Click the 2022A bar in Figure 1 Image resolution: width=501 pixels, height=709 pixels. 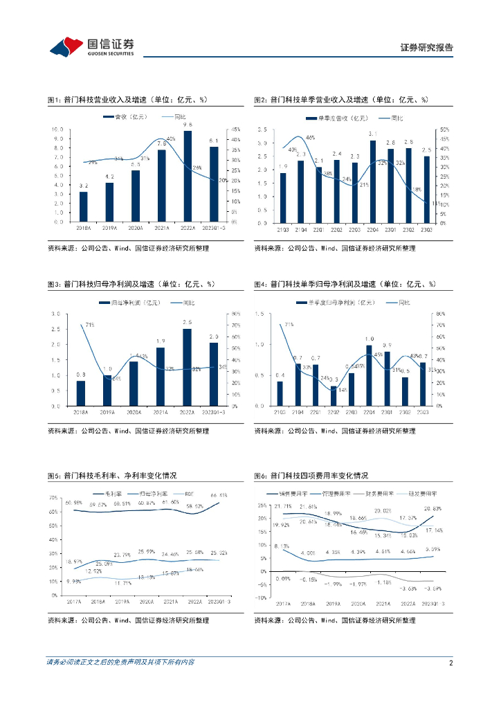188,177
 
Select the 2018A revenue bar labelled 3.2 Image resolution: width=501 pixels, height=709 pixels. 84,206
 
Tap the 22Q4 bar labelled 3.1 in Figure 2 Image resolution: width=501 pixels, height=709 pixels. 373,182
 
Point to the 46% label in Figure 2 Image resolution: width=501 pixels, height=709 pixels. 310,138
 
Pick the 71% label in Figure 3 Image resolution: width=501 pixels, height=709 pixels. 89,324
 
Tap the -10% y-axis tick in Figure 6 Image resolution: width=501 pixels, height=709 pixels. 261,597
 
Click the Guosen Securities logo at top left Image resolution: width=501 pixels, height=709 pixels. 91,46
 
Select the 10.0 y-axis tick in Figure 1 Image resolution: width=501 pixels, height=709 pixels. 59,129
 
